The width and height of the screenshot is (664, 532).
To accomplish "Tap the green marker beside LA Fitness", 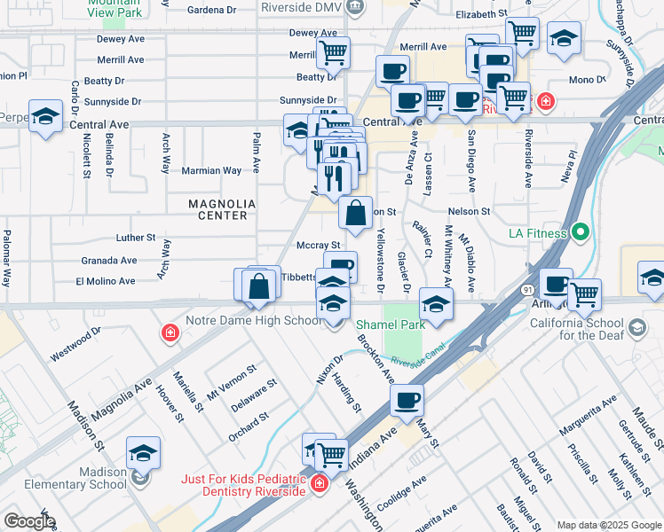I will [x=581, y=233].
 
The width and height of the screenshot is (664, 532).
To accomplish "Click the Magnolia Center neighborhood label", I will [x=222, y=209].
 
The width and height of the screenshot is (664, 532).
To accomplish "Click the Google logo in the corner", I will [x=29, y=521].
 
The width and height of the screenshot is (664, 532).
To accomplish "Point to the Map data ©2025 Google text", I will [x=607, y=524].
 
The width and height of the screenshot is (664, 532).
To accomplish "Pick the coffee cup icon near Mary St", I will [x=407, y=400].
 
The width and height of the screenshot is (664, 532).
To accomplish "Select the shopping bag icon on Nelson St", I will [x=355, y=214].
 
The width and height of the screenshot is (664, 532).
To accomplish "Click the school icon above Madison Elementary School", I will [x=143, y=453].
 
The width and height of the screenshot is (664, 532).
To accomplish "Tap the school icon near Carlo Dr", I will [x=45, y=116].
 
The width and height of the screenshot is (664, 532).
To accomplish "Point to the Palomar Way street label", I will [x=6, y=258].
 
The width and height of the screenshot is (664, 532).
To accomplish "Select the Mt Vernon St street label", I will [x=231, y=381].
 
